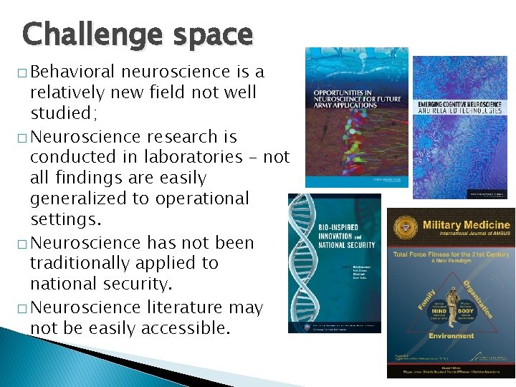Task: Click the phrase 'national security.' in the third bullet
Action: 101,284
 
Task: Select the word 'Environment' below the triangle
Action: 451,335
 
